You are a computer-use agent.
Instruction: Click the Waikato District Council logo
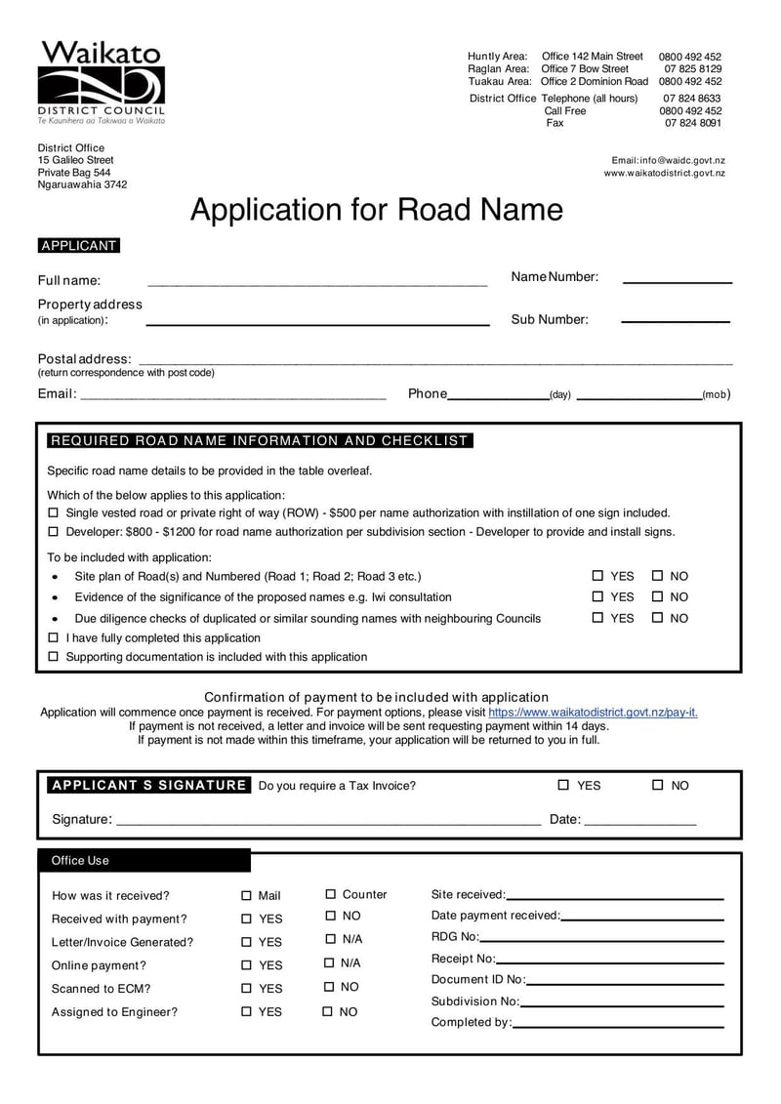[x=101, y=83]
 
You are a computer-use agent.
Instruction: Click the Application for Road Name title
[x=376, y=210]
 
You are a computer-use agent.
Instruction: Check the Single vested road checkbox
[x=54, y=512]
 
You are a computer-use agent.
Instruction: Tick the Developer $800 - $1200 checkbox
[x=54, y=532]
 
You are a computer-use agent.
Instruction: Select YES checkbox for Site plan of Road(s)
[x=597, y=576]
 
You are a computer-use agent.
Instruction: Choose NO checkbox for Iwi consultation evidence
[x=657, y=596]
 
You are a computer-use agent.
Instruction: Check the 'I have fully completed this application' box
[x=54, y=637]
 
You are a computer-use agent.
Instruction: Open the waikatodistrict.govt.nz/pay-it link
[x=593, y=713]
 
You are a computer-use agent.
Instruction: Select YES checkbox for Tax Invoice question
[x=563, y=785]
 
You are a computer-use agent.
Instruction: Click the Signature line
[x=328, y=821]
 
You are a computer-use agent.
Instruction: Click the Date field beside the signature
[x=639, y=821]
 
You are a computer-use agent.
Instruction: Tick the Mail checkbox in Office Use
[x=246, y=895]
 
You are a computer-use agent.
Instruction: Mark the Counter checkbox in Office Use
[x=331, y=894]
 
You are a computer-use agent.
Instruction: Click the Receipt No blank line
[x=610, y=960]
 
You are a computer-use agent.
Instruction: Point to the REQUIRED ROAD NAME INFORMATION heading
[x=259, y=440]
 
